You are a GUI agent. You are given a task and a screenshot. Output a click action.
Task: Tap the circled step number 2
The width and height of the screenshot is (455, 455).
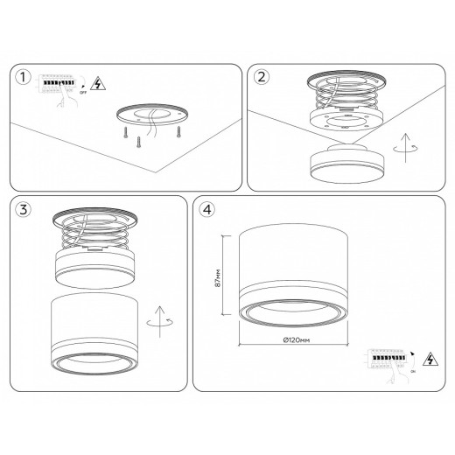tap(261, 78)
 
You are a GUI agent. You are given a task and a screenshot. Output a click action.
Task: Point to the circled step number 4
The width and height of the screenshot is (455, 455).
tap(206, 211)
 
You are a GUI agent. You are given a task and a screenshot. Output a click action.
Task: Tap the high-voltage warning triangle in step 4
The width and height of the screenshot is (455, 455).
tap(429, 360)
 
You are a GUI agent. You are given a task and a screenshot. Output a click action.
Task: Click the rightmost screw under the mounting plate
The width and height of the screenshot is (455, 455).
tap(178, 131)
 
